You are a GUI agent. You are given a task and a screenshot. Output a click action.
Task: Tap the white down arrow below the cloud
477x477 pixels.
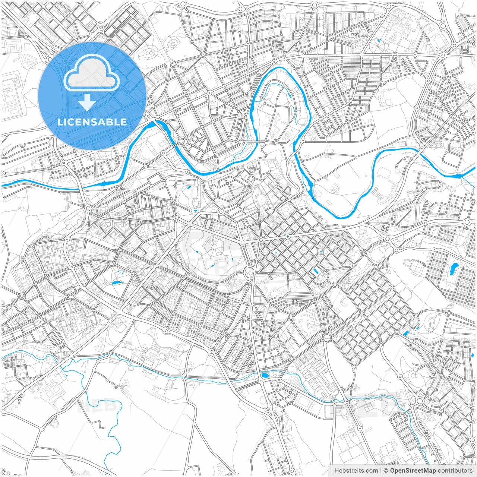[87, 102]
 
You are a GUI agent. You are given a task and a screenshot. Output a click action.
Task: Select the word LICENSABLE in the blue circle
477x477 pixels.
[92, 122]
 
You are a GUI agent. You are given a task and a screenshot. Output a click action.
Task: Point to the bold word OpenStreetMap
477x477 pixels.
[413, 471]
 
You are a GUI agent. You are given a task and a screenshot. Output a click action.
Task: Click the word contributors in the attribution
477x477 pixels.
[455, 471]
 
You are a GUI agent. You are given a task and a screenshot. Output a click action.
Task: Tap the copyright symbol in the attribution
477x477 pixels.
[386, 471]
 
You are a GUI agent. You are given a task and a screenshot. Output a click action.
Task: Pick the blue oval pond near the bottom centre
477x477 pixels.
[265, 375]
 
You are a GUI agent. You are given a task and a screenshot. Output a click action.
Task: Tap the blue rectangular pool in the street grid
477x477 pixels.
[316, 271]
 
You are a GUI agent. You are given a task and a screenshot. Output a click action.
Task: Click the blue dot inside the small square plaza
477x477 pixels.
[320, 252]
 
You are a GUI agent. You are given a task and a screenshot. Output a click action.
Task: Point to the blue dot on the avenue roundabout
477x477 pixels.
[288, 237]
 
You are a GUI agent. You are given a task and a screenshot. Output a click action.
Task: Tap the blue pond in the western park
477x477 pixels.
[116, 283]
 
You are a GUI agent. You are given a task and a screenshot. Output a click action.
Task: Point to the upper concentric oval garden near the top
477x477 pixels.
[172, 44]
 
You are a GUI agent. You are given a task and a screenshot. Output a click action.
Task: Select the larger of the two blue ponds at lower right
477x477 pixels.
[405, 333]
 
